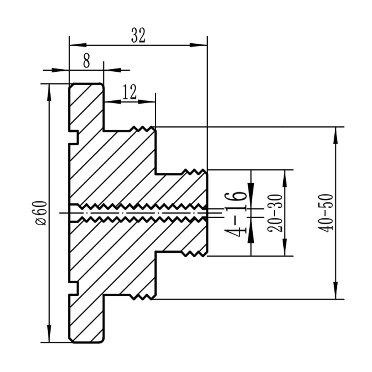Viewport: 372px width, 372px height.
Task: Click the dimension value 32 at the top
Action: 138,35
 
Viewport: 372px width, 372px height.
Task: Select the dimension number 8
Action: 86,61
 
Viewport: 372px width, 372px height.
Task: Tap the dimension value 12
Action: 129,92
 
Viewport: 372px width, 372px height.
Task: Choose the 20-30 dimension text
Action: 275,213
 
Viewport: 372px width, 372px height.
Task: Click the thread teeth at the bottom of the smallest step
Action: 194,254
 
